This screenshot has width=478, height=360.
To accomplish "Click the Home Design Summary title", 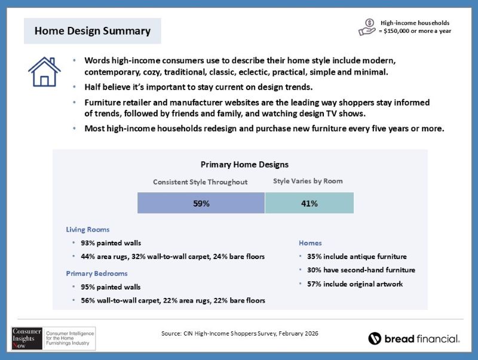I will [x=92, y=30].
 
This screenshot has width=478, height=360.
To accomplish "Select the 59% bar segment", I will [x=201, y=203].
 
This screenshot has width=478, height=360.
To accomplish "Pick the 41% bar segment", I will [x=309, y=203].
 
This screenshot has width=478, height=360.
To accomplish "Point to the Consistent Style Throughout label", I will [x=200, y=182].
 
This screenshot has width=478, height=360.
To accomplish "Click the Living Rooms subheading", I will [x=87, y=229].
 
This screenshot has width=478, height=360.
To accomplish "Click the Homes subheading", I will [x=310, y=243].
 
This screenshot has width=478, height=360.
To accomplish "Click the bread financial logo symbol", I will [x=375, y=339].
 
